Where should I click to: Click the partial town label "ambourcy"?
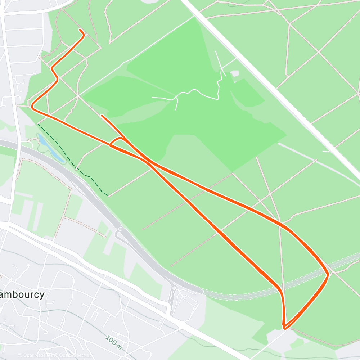point(22,294)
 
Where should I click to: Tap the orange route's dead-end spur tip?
point(103,116)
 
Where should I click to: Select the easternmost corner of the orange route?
point(328,275)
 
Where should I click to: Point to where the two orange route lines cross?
point(149,161)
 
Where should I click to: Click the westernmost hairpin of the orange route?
point(32,107)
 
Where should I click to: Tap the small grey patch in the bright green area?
point(235,73)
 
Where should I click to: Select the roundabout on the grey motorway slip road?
point(120,229)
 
